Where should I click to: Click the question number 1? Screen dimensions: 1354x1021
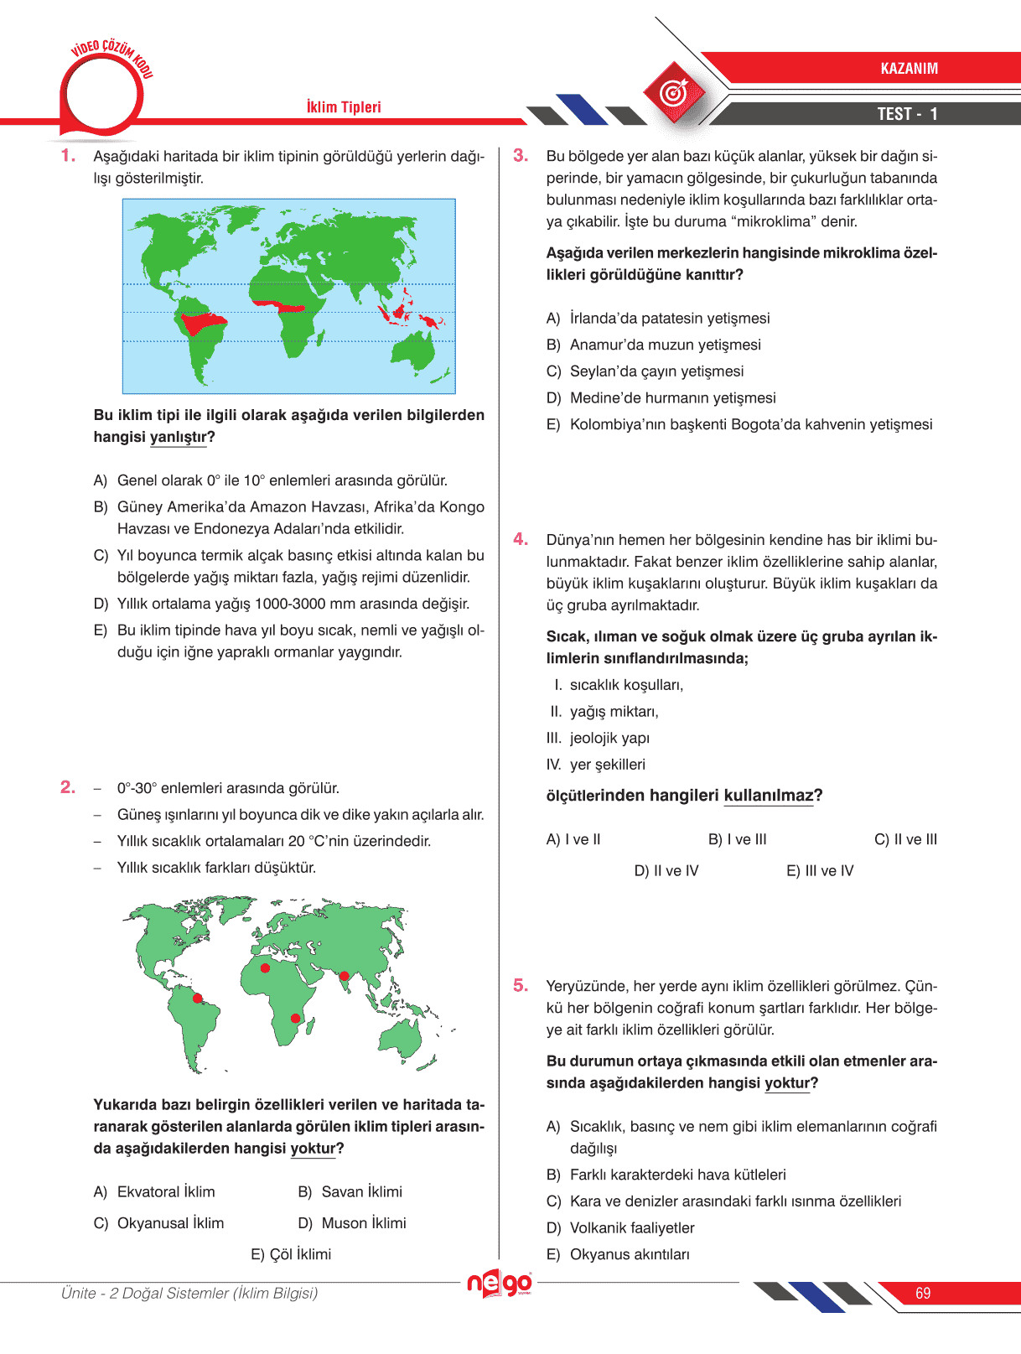click(68, 156)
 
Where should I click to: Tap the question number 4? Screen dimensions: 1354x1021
click(521, 539)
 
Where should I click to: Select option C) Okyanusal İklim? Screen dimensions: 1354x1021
click(159, 1223)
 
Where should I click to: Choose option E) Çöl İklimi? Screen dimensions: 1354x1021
click(291, 1254)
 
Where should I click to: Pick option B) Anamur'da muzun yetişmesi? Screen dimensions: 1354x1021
click(654, 345)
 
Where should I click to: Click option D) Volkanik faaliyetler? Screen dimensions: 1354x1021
click(620, 1228)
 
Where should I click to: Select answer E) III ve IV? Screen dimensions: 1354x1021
click(820, 871)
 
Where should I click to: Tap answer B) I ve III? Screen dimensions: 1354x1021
click(738, 839)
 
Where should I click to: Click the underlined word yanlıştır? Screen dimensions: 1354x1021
click(178, 438)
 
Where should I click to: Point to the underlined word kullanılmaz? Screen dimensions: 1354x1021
click(769, 796)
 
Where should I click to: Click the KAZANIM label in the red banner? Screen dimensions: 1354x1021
click(909, 69)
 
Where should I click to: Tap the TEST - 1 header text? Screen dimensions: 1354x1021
click(907, 114)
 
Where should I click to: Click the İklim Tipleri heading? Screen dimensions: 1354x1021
click(344, 107)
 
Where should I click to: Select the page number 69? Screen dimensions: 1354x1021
click(923, 1294)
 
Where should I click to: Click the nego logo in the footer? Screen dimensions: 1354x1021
click(500, 1284)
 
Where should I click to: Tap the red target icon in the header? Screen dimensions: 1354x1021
click(675, 93)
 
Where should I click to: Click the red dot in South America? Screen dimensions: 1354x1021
click(199, 999)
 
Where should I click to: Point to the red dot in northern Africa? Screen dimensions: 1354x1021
click(265, 968)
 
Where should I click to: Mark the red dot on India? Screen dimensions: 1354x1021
click(344, 976)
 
